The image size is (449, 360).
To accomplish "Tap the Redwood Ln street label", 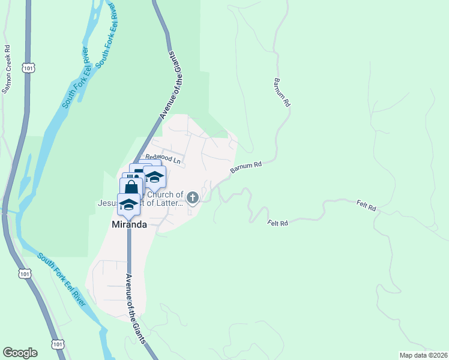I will [x=163, y=160].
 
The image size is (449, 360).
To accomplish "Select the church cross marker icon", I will [x=193, y=197].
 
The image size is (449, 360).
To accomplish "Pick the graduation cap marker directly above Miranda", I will [x=128, y=205].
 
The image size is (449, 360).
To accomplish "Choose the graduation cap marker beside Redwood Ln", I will [x=155, y=177].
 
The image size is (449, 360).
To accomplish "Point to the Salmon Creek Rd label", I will [x=7, y=70].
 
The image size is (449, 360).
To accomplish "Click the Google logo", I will [x=20, y=353].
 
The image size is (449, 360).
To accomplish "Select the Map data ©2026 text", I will [x=423, y=355].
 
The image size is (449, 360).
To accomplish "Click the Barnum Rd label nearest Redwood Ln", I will [x=246, y=167].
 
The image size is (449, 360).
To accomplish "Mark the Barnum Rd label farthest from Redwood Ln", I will [x=282, y=92].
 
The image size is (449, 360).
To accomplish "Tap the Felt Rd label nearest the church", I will [x=278, y=223].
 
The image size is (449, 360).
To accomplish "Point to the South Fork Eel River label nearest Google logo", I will [x=62, y=279].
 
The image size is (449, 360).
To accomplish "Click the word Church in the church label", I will [x=169, y=194].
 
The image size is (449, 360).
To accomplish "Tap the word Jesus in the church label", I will [x=109, y=203].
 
